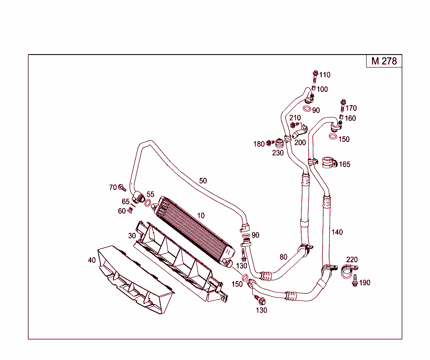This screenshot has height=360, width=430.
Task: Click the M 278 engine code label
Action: point(384,61)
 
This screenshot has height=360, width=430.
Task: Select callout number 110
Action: point(325,75)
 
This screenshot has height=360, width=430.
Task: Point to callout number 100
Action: point(322,89)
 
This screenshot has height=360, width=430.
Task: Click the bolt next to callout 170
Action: point(343,105)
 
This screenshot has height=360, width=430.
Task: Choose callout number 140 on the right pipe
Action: point(337,232)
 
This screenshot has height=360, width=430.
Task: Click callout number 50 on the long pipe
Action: point(203,181)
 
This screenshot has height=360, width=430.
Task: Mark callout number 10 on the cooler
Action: point(201,216)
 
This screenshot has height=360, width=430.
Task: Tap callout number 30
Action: point(132,236)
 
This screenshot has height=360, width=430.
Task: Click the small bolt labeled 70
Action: point(122,188)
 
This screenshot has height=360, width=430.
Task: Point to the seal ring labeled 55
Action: point(148,203)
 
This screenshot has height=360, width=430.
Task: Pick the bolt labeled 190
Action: point(355,281)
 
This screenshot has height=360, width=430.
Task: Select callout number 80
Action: point(283,257)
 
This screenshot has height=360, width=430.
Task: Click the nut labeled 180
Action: point(270,143)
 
